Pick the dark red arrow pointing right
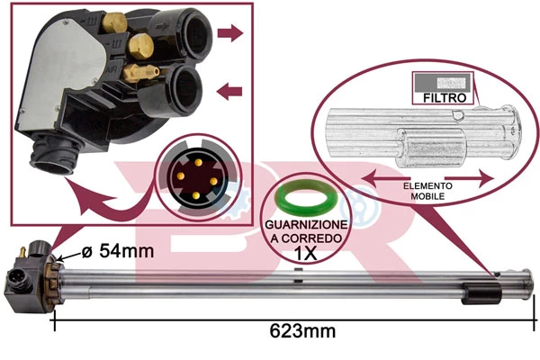coord(232,34)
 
